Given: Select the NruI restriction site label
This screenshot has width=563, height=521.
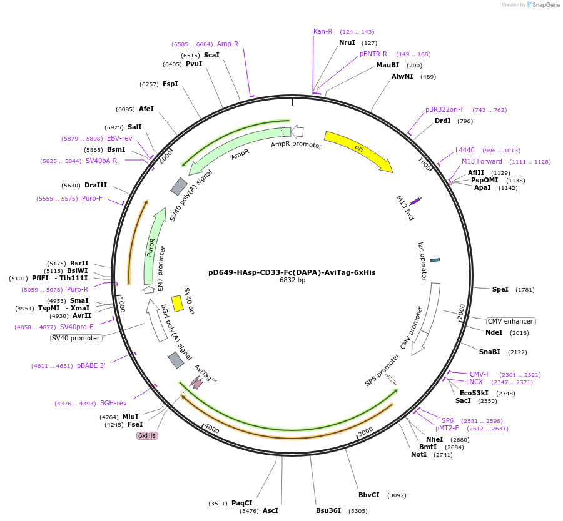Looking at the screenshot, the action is (347, 42).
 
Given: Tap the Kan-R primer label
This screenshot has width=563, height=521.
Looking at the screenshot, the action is (323, 31).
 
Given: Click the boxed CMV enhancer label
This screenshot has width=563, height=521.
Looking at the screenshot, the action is (511, 321).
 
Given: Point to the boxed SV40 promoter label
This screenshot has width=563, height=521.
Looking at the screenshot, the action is (76, 338).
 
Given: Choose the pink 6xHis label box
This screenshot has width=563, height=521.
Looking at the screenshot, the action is (147, 435).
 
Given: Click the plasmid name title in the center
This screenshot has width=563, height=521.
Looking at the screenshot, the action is (292, 272).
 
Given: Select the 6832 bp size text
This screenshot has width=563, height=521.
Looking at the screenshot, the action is (292, 280).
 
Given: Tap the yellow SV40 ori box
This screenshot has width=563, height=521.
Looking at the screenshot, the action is (178, 304).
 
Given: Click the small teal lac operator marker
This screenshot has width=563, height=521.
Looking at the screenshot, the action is (435, 260).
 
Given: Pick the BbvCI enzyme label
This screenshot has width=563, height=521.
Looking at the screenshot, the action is (369, 495).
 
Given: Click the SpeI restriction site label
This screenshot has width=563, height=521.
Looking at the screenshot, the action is (500, 289).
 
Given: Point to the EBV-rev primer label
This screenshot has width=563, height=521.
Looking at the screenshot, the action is (119, 138).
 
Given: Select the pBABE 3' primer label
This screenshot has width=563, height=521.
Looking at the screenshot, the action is (91, 365).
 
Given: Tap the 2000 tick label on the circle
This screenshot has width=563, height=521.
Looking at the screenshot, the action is (461, 311).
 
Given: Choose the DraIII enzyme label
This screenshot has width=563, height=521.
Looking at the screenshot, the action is (96, 185).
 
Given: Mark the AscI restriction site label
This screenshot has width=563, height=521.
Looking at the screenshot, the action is (270, 510).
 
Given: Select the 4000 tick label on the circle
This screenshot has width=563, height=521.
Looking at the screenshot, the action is (211, 430).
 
